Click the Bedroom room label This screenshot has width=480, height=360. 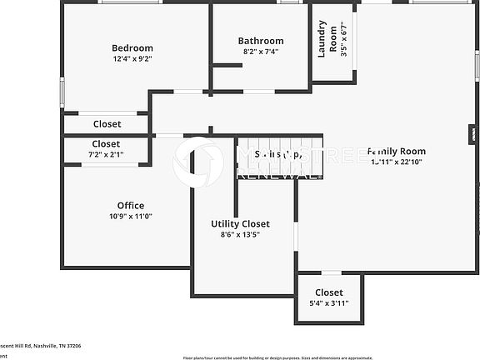[132, 47]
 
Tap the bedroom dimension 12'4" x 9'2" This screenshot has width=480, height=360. [132, 59]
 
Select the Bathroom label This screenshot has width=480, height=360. [261, 40]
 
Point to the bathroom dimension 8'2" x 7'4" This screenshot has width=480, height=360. [261, 52]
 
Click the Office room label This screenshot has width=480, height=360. [131, 205]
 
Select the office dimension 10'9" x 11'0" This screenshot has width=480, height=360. [131, 217]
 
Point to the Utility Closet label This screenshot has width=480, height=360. [240, 223]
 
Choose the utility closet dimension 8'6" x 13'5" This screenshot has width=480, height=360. [240, 235]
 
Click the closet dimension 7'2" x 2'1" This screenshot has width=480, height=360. [106, 154]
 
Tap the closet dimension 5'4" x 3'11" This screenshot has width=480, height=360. [329, 303]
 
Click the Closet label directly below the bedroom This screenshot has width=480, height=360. [107, 124]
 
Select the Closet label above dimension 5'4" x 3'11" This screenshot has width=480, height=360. [329, 292]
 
